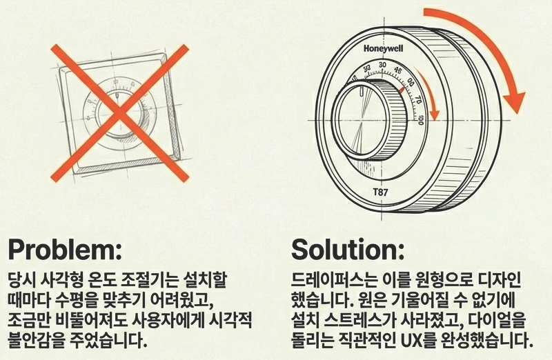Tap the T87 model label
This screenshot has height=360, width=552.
coord(381,192)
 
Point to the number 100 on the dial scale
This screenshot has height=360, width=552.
coord(420,120)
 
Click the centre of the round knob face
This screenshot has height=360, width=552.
coord(365,118)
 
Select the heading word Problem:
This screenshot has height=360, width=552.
coord(63,248)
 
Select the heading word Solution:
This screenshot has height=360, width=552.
coord(348,248)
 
